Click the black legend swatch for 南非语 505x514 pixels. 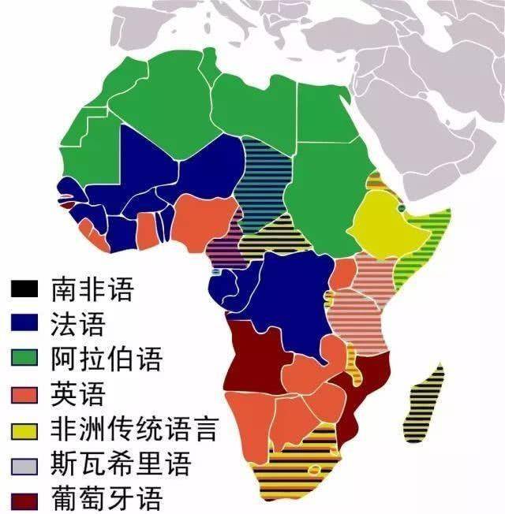[x=25, y=289]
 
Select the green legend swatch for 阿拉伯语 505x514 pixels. [x=25, y=359]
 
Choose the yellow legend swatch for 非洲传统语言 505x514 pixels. [x=25, y=430]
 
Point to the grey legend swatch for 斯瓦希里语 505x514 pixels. [x=25, y=465]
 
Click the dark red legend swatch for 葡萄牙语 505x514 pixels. [x=25, y=500]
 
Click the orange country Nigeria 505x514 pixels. [x=205, y=221]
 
